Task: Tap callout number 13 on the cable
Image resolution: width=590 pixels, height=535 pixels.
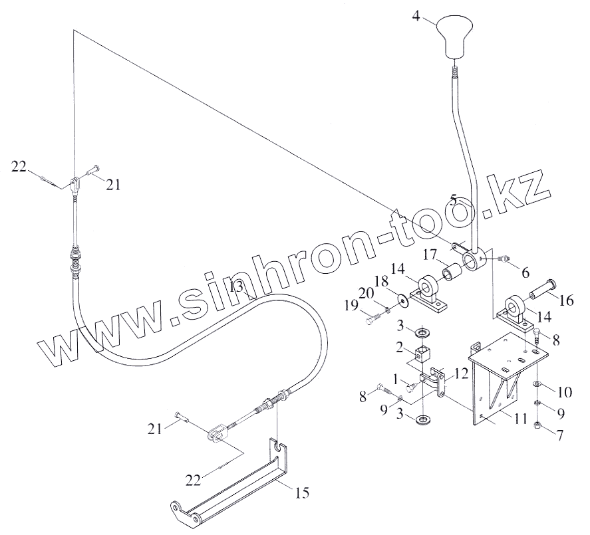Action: click(x=237, y=287)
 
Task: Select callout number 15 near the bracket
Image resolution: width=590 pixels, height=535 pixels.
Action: click(x=302, y=492)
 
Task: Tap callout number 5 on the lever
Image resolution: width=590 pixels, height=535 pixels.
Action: click(x=453, y=199)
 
